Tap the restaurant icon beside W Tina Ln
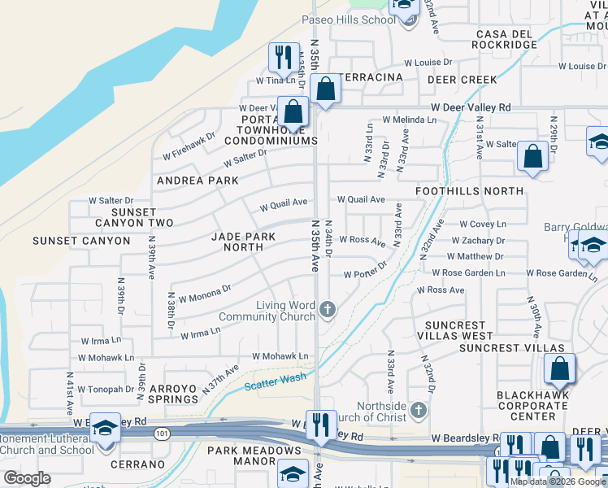(281, 58)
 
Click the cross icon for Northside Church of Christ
(419, 408)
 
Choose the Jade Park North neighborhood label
(243, 242)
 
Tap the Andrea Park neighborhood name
(198, 181)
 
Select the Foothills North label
(469, 191)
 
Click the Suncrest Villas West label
(455, 330)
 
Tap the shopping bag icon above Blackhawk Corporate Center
(560, 369)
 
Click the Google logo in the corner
(28, 478)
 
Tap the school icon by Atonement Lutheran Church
(105, 428)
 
